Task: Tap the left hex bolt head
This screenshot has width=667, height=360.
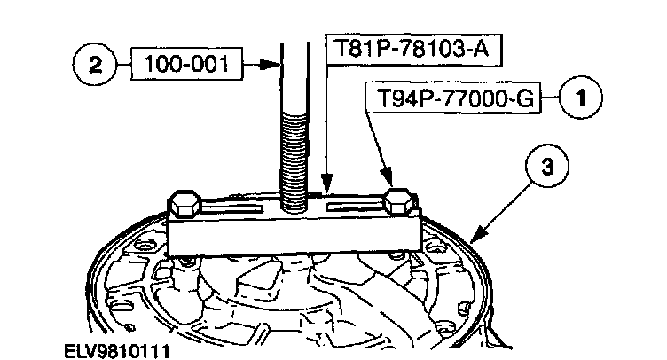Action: coord(186,205)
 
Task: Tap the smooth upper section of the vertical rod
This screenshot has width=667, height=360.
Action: coord(293,80)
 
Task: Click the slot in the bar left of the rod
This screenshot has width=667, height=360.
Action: coord(239,210)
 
